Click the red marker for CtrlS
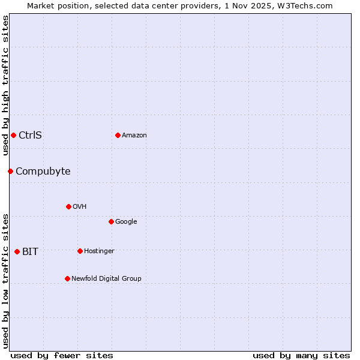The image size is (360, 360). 13,135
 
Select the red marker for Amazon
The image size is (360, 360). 118,135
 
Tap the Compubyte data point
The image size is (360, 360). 10,171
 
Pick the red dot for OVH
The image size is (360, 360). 68,206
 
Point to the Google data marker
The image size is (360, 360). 111,221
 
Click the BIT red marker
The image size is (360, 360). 17,251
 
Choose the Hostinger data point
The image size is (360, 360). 80,251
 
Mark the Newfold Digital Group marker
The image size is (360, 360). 67,278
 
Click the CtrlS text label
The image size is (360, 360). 30,135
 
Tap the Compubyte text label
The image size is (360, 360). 43,172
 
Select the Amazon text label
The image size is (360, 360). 134,135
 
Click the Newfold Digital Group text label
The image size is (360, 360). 106,278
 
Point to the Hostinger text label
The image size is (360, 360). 99,251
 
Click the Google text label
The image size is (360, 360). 126,221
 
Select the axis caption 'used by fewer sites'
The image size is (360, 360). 62,355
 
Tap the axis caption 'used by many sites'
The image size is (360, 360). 301,355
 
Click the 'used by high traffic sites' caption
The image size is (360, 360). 5,85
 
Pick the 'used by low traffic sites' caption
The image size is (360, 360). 5,281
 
